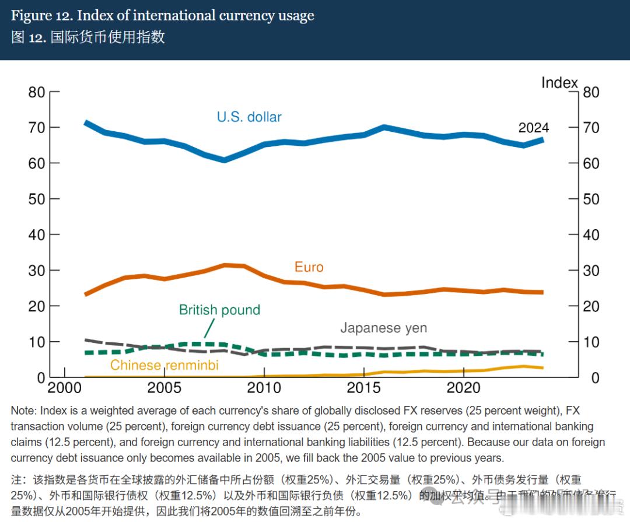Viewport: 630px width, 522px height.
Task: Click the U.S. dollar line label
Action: click(249, 117)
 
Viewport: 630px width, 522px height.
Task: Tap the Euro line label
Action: click(309, 267)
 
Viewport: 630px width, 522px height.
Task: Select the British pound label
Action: click(219, 310)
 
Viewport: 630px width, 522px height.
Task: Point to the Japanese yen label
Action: click(383, 328)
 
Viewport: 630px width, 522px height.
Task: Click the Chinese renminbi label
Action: click(164, 365)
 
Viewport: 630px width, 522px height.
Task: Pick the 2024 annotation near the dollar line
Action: click(534, 128)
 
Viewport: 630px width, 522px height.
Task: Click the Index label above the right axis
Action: click(559, 83)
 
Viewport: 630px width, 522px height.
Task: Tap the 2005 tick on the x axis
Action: click(164, 388)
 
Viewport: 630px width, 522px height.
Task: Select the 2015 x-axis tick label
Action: click(363, 388)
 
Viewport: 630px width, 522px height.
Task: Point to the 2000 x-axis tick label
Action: click(65, 388)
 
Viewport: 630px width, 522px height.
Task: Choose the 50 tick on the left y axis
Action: click(37, 199)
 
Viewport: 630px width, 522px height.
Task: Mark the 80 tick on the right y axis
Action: click(590, 92)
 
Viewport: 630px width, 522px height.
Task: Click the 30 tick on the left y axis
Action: click(37, 271)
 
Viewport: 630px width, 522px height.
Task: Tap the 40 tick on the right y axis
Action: click(590, 235)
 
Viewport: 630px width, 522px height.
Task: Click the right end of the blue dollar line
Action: click(542, 139)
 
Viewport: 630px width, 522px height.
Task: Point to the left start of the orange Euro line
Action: click(86, 294)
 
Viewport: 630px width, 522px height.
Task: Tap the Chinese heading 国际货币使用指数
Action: click(108, 37)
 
